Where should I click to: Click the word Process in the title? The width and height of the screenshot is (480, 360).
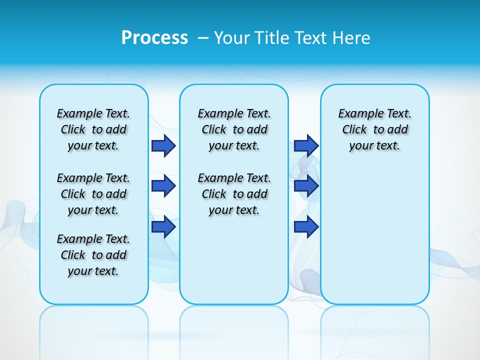pos(154,37)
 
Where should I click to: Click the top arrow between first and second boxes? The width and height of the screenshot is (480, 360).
pos(163,146)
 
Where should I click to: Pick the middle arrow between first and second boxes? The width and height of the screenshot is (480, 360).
pos(163,186)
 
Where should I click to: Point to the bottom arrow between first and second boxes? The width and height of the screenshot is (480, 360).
pos(163,226)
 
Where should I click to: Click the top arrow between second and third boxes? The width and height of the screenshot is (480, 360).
pos(306,146)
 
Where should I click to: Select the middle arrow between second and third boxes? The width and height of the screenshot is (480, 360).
pos(306,186)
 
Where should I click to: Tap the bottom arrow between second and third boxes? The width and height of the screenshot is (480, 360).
pos(306,226)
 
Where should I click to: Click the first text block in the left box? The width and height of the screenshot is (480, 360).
pos(93,129)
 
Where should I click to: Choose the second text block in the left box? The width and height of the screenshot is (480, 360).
pos(93,194)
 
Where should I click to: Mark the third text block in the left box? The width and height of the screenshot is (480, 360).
pos(93,255)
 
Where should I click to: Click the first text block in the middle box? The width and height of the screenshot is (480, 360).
pos(234,129)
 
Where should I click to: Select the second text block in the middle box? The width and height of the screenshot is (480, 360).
pos(234,194)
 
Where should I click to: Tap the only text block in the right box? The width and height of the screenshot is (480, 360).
pos(374,129)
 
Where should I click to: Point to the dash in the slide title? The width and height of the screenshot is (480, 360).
pos(203,38)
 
